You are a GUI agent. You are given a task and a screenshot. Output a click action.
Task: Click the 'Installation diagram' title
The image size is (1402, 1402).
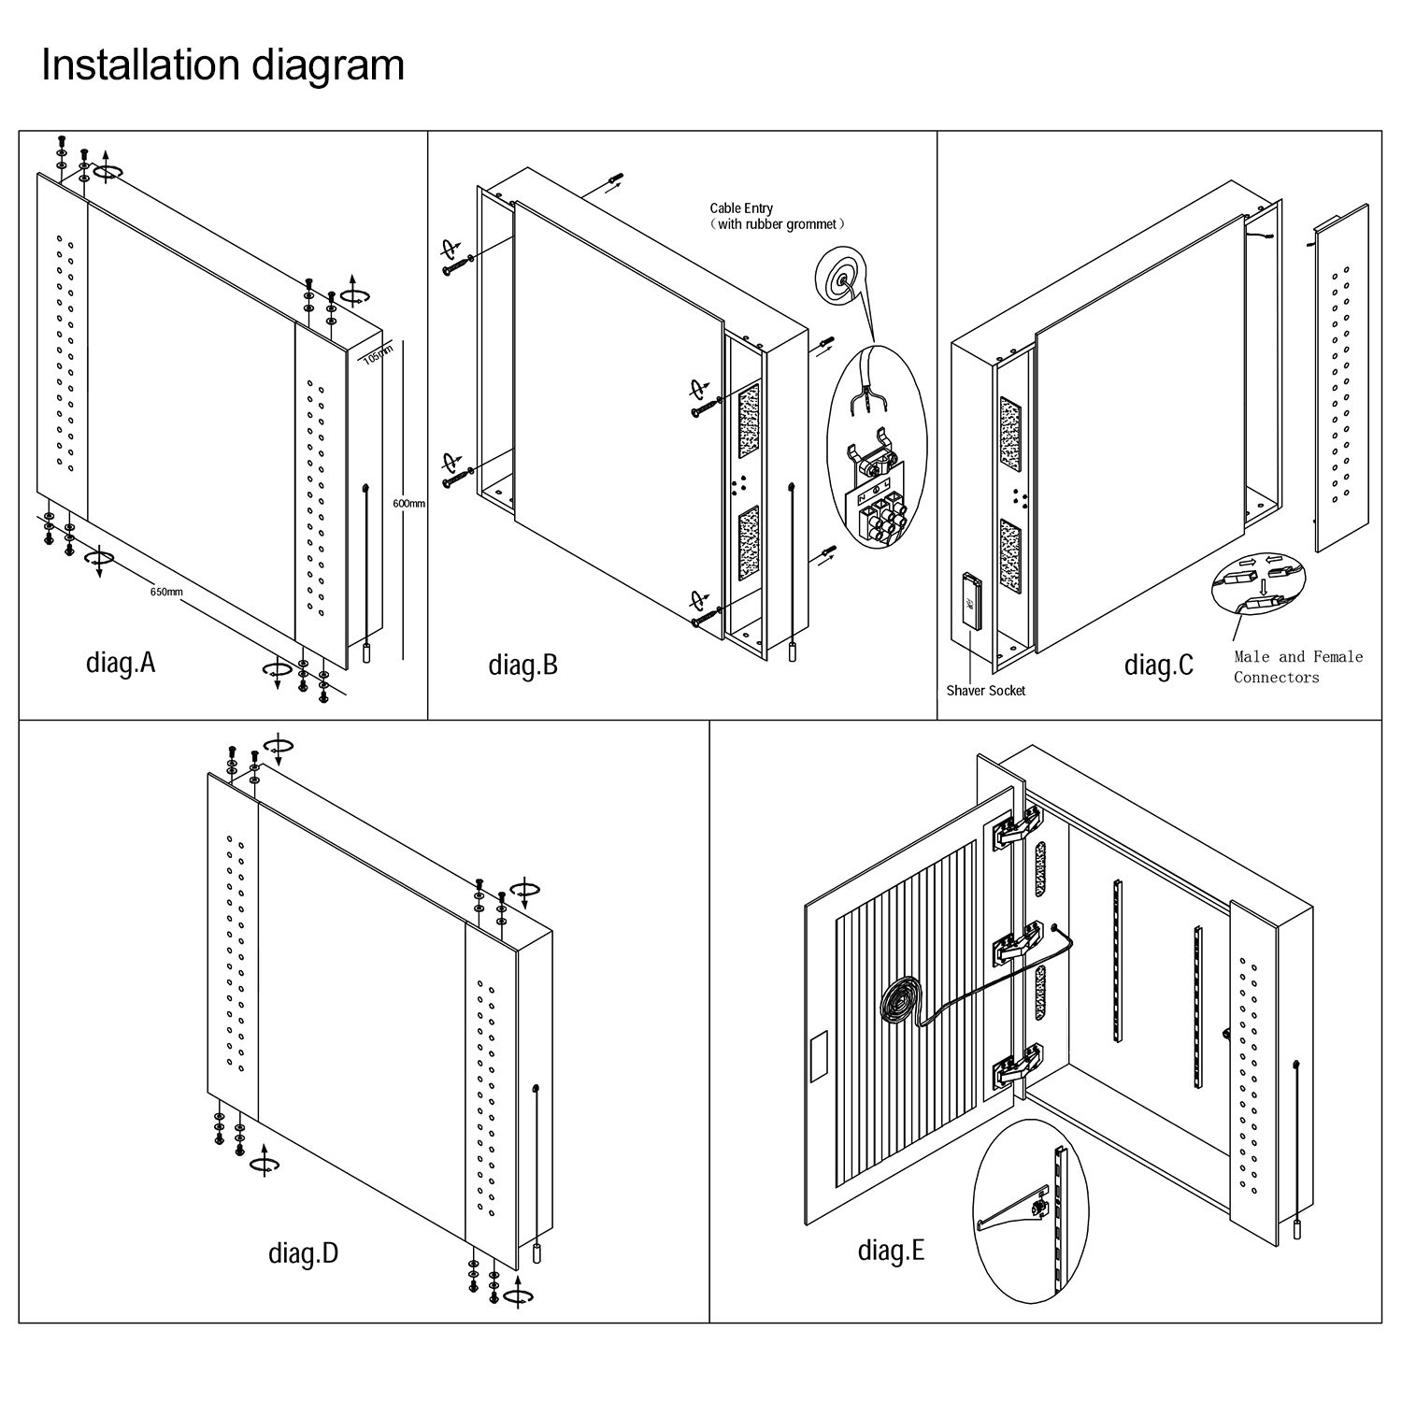click(x=222, y=65)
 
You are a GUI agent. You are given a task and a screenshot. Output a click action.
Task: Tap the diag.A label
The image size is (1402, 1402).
click(x=121, y=663)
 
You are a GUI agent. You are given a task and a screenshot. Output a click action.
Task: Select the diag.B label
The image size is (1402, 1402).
click(x=522, y=665)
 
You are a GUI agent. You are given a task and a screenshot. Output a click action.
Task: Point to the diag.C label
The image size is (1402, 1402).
click(x=1158, y=665)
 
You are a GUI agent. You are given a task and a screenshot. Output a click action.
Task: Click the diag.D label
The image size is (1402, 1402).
click(x=303, y=1252)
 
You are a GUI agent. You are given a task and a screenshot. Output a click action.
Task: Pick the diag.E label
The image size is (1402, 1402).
click(x=891, y=1250)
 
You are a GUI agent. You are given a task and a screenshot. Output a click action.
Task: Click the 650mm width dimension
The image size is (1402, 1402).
click(x=166, y=592)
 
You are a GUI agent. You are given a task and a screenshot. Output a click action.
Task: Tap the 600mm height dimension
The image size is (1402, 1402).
click(x=408, y=504)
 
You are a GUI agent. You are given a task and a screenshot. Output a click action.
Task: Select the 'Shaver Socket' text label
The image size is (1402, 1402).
click(x=985, y=691)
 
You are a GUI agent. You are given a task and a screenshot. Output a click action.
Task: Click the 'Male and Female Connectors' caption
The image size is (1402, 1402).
click(x=1297, y=666)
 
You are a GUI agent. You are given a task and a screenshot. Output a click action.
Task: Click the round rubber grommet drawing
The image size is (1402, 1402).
click(x=842, y=278)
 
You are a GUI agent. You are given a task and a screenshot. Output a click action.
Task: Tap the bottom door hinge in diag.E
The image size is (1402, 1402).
click(x=1017, y=1067)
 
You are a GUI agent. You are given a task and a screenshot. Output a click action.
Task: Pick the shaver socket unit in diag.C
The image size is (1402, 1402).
click(x=971, y=603)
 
